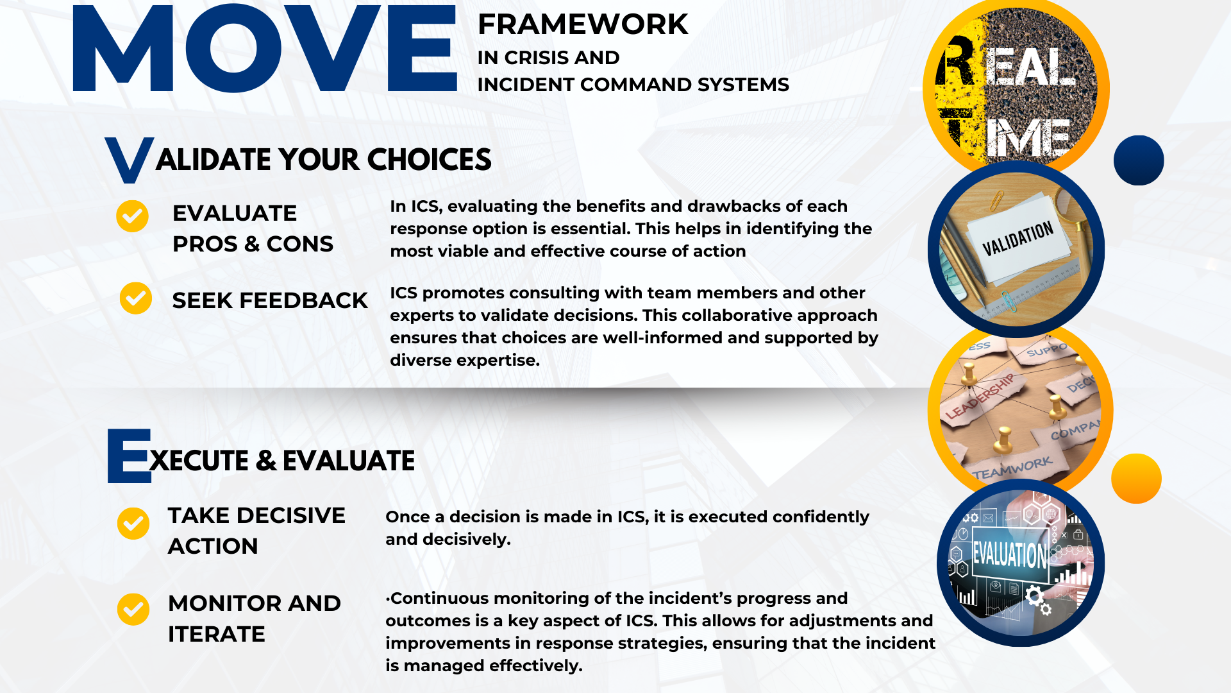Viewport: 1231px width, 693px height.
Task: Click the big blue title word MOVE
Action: pyautogui.click(x=265, y=48)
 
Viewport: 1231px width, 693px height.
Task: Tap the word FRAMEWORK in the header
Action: pyautogui.click(x=583, y=24)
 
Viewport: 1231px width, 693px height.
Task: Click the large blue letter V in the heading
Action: pyautogui.click(x=130, y=159)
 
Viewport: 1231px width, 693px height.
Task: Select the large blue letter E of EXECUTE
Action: pyautogui.click(x=129, y=456)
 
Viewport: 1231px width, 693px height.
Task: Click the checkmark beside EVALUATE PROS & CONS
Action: pyautogui.click(x=132, y=216)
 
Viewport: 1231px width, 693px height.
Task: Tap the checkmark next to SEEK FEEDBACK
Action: pyautogui.click(x=136, y=298)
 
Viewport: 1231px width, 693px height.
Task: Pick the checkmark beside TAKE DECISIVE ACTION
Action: pyautogui.click(x=133, y=524)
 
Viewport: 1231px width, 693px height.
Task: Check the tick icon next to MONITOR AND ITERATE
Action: pyautogui.click(x=133, y=609)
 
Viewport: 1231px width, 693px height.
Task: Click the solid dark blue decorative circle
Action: pyautogui.click(x=1139, y=160)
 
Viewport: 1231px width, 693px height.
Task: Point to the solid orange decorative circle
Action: pyautogui.click(x=1136, y=479)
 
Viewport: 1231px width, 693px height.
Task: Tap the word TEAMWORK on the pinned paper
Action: pyautogui.click(x=1012, y=468)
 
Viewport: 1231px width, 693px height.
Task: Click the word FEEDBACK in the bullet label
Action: pyautogui.click(x=303, y=300)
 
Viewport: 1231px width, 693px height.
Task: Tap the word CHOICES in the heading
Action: pyautogui.click(x=430, y=159)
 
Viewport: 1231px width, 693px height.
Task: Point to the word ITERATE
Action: pyautogui.click(x=217, y=634)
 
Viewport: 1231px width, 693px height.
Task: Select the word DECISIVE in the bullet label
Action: pyautogui.click(x=291, y=515)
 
